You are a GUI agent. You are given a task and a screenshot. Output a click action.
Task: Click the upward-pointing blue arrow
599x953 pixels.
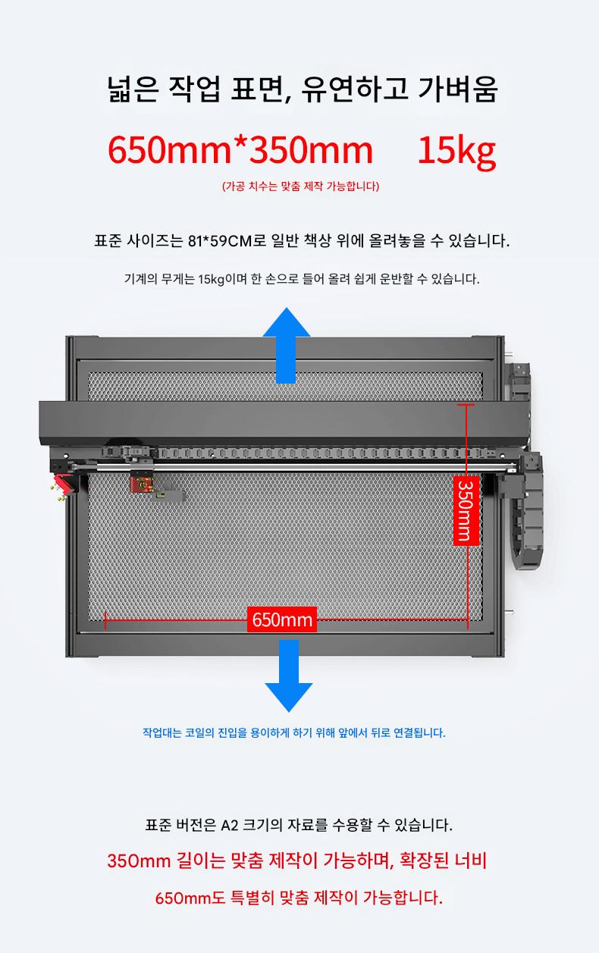(287, 345)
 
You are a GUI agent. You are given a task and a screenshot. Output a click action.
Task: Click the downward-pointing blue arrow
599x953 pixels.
(289, 676)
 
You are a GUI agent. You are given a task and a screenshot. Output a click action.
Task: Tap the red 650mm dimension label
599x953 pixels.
(282, 619)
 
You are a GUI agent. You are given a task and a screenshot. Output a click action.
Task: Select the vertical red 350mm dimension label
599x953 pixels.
(466, 510)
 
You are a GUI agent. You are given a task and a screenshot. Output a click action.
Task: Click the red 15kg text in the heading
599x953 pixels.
(456, 151)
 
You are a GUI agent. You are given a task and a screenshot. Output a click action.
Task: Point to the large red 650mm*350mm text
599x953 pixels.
(240, 150)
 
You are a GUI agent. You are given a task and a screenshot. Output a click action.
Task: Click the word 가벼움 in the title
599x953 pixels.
(458, 89)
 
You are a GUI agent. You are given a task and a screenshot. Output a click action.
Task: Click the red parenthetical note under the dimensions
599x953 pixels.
(300, 186)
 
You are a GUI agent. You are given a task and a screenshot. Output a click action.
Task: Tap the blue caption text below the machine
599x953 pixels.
(294, 732)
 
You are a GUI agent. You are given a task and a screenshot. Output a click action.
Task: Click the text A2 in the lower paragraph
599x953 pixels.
(229, 826)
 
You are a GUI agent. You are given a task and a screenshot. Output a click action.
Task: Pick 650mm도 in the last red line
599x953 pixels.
(190, 898)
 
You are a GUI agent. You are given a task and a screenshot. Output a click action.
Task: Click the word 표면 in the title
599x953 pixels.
(260, 89)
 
